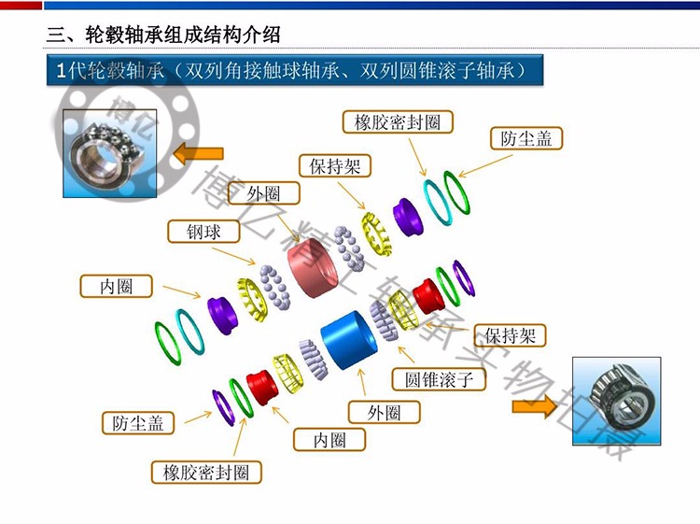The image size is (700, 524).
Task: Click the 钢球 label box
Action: tap(203, 232)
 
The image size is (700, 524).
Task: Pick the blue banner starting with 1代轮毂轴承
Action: tap(294, 71)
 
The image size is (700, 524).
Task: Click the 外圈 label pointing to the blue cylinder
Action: tap(384, 412)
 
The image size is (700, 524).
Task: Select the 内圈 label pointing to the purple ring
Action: tap(116, 287)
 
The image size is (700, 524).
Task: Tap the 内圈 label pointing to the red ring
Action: tap(329, 439)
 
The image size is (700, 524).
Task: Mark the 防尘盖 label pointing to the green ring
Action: tap(525, 138)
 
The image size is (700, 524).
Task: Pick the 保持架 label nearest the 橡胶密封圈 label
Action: tap(335, 166)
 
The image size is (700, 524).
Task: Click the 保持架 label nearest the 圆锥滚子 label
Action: tap(510, 335)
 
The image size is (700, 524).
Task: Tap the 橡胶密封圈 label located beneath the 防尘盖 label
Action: tap(206, 472)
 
